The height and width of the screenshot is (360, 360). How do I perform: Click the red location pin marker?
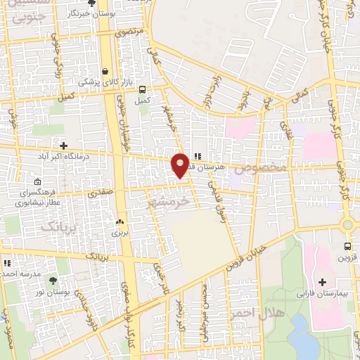pyautogui.click(x=181, y=165)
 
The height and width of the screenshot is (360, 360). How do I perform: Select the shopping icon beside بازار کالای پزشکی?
pyautogui.click(x=105, y=71)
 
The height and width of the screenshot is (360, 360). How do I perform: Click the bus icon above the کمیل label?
pyautogui.click(x=143, y=90)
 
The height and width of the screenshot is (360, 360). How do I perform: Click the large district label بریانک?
pyautogui.click(x=57, y=227)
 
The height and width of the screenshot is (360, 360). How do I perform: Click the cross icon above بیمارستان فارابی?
pyautogui.click(x=322, y=282)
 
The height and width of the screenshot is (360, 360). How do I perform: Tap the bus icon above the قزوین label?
pyautogui.click(x=347, y=246)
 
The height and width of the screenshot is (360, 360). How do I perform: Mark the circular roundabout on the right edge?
pyautogui.click(x=347, y=226)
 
